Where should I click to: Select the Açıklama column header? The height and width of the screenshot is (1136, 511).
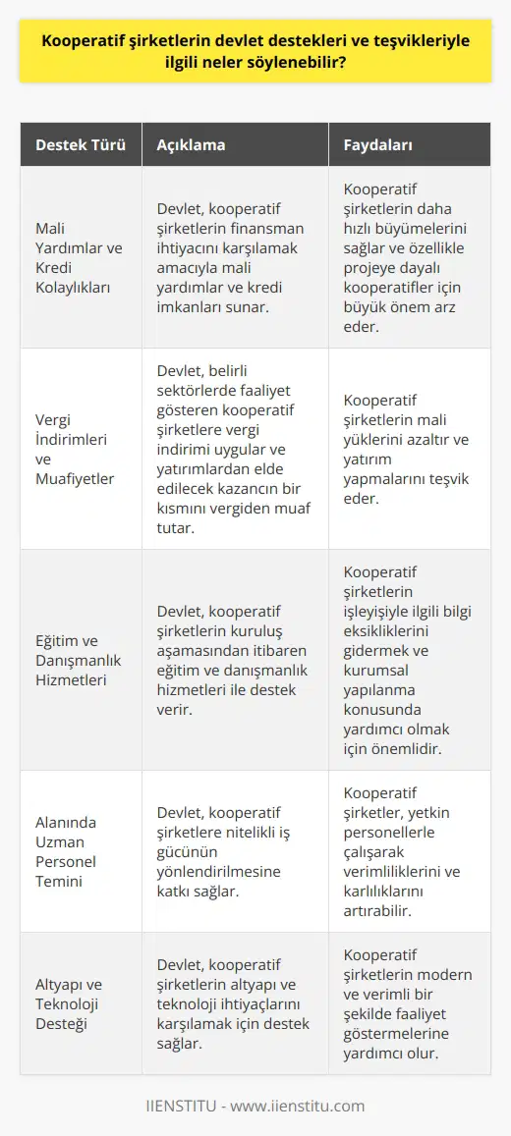coord(191,145)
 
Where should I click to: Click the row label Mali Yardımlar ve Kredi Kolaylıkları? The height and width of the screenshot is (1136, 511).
coord(79,257)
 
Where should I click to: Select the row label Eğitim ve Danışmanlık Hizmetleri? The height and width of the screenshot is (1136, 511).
coord(79,659)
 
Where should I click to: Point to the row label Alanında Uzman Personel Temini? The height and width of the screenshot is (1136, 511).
coord(78,850)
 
